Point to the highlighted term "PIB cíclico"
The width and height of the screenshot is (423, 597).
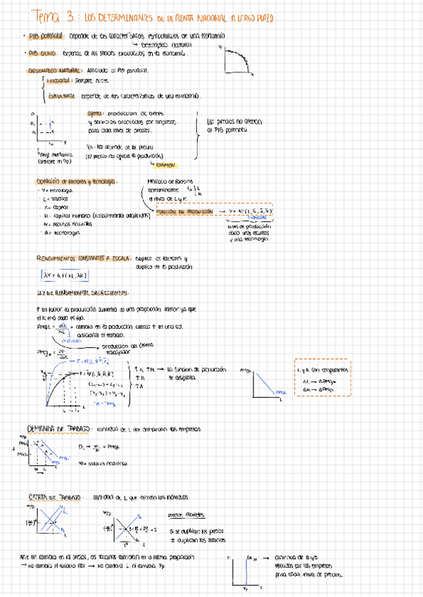[42, 51]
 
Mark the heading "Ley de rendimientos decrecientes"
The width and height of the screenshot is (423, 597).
[82, 292]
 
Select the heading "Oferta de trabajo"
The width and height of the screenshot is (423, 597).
[55, 496]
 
